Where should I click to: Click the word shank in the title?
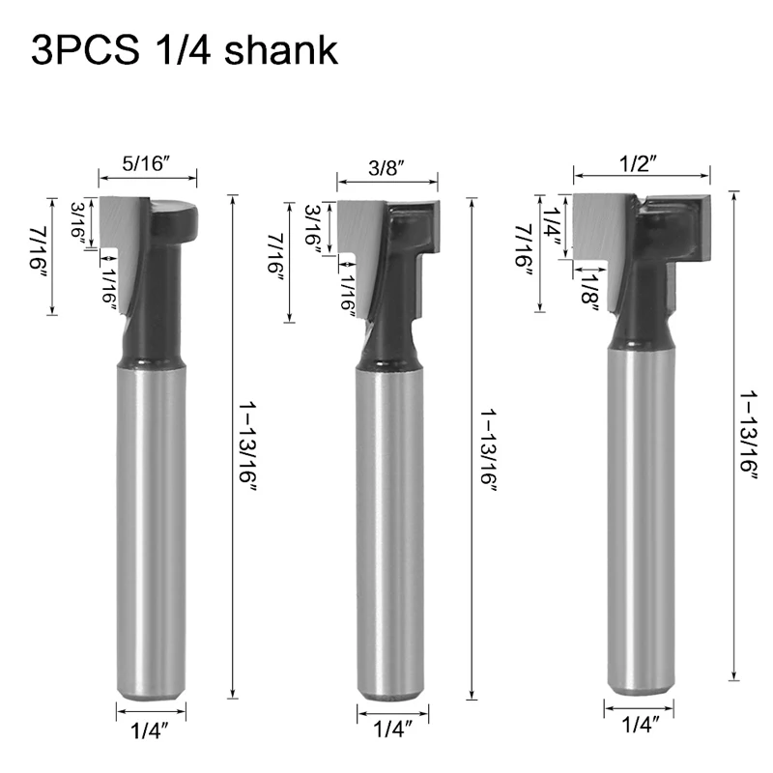click(281, 50)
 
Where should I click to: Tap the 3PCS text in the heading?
click(85, 50)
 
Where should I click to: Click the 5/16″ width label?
click(146, 163)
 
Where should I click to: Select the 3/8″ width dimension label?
click(386, 168)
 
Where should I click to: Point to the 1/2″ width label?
click(639, 163)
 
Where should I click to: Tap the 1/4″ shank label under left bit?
click(150, 730)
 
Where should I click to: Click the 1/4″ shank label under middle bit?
click(392, 729)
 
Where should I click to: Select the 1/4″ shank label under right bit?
click(640, 725)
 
